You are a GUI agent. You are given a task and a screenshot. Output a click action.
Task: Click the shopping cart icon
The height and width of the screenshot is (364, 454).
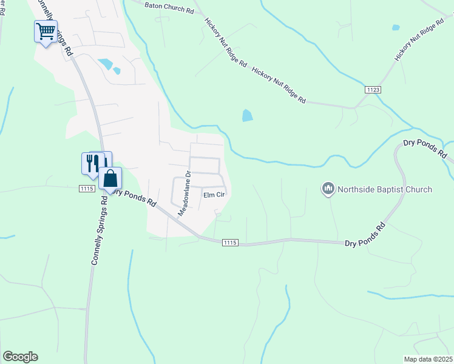point(46,32)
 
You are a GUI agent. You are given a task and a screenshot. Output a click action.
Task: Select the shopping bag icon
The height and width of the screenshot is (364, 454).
point(110,179)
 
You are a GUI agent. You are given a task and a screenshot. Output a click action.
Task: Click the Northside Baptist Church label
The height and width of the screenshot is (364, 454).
point(385,189)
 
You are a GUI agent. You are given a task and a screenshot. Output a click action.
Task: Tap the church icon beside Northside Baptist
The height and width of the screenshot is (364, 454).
point(328,189)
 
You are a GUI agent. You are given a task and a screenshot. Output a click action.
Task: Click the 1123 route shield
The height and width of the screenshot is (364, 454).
point(373,89)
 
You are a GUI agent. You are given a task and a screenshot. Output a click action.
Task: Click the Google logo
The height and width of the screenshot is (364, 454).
point(20,357)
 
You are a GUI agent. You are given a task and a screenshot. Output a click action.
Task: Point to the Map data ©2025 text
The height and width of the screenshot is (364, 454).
point(429,359)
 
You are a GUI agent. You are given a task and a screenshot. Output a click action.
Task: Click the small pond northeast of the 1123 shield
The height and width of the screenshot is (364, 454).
point(396,27)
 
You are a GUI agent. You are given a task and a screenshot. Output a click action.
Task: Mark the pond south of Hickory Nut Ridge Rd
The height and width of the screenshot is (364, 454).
point(247,115)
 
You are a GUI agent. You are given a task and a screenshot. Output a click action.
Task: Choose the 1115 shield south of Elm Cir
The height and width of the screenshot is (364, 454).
point(229,243)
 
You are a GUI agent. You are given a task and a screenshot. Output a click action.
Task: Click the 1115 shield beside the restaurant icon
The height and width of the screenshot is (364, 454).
point(86,189)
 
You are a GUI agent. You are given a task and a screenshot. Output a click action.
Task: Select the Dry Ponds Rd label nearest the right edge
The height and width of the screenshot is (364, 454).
point(425,149)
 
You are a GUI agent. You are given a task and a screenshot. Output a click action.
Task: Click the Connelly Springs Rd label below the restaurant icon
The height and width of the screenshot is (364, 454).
point(101,235)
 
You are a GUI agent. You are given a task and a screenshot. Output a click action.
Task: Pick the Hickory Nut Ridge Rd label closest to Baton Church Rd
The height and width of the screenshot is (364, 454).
point(225,42)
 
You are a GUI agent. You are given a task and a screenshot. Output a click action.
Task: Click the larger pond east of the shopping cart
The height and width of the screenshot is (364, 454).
point(106,64)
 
